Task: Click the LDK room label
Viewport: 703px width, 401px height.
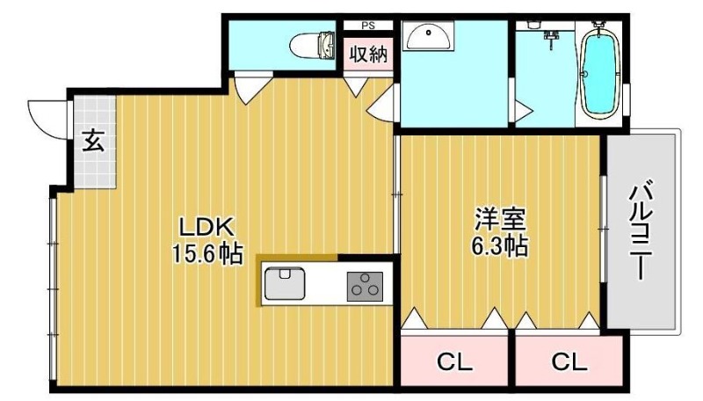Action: tap(207, 227)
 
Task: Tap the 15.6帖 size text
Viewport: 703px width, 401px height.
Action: tap(208, 254)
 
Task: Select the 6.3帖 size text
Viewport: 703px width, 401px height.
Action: tap(499, 246)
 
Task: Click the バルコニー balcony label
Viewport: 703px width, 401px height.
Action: tap(642, 229)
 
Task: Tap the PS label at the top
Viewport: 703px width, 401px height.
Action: tap(368, 26)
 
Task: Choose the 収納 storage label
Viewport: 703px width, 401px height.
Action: tap(368, 54)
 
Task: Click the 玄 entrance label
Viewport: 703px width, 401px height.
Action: tap(95, 141)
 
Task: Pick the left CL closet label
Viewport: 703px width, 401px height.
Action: tap(454, 361)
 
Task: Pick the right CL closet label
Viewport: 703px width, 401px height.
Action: tap(569, 361)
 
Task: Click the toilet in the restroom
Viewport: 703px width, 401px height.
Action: tap(312, 46)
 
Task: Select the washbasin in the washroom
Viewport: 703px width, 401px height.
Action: tap(429, 36)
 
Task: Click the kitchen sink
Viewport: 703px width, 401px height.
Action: tap(285, 283)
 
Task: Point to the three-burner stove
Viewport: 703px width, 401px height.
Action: tap(365, 286)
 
